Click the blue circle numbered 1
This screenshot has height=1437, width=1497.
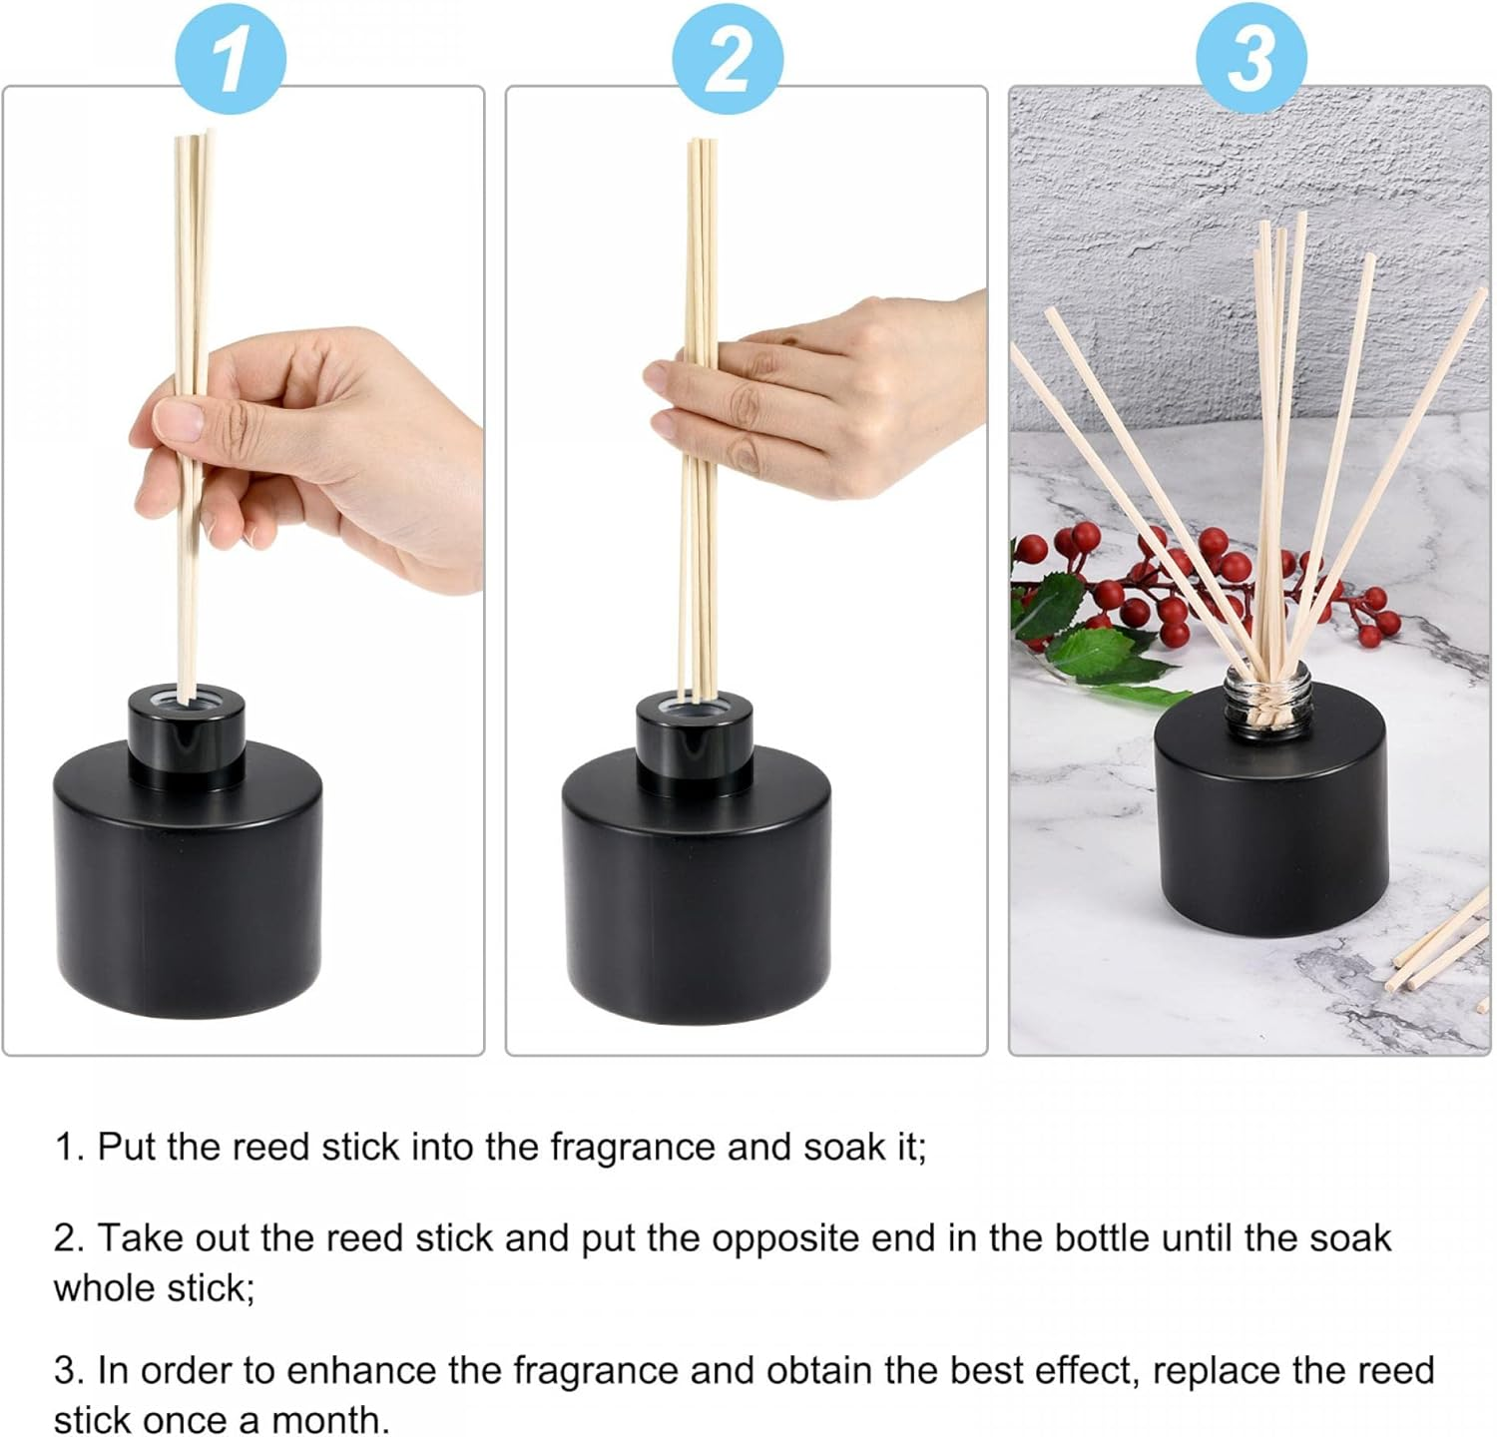(231, 57)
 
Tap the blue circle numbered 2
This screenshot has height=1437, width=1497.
(728, 57)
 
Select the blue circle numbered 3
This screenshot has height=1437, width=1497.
(1250, 57)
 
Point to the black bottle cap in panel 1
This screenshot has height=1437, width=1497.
(187, 732)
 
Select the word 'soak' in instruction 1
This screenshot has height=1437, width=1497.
(844, 1148)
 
